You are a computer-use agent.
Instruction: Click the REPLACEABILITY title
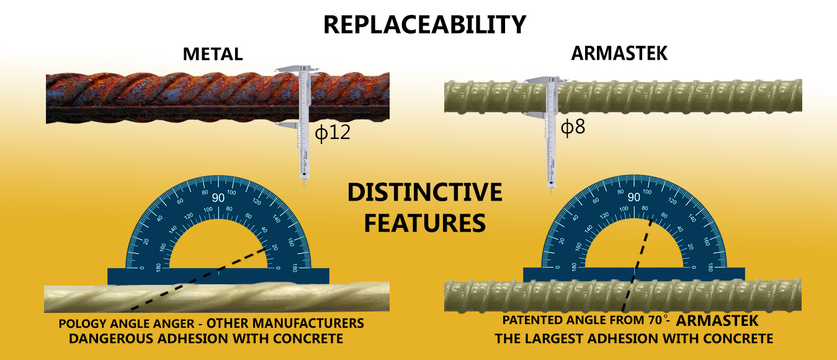click(x=424, y=24)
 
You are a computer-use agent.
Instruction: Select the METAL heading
click(x=212, y=54)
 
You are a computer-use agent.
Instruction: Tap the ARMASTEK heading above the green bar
click(x=619, y=53)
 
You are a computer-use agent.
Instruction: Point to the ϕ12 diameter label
click(x=333, y=132)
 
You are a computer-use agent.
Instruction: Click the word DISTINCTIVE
click(x=424, y=192)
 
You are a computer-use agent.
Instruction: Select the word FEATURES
click(x=424, y=222)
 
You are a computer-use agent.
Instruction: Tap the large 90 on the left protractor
click(x=218, y=197)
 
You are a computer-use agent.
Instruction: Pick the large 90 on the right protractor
click(x=633, y=197)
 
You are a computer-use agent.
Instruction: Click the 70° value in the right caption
click(x=654, y=321)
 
